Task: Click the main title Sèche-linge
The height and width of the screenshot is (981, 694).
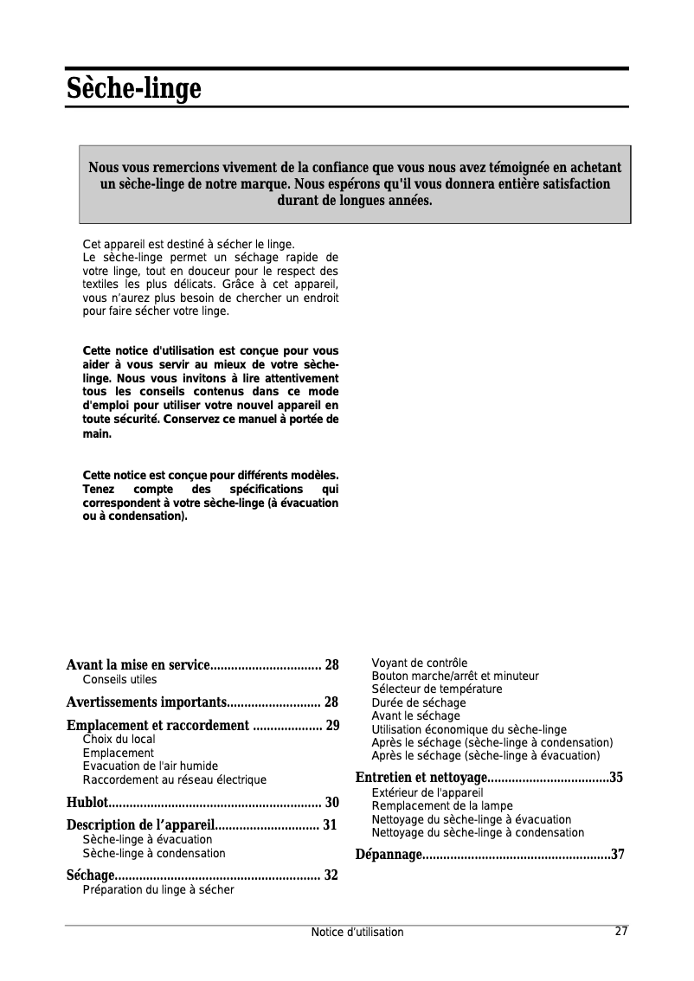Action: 133,88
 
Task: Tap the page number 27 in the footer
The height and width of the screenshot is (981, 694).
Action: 620,931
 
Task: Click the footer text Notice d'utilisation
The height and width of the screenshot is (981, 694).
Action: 357,932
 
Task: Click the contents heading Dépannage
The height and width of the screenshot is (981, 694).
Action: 389,856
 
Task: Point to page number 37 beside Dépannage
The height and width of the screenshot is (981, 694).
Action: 617,856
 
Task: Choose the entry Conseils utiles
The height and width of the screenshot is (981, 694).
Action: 119,680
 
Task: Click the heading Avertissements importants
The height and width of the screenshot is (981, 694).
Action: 146,702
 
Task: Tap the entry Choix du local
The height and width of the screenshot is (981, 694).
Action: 119,740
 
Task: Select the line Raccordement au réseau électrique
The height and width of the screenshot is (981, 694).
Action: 174,779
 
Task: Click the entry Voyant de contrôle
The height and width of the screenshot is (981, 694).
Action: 419,663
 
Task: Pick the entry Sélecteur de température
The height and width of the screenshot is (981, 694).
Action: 436,689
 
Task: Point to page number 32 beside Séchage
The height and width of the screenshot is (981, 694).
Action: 331,875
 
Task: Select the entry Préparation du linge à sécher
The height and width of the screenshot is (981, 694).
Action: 157,889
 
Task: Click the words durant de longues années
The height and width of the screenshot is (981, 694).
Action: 354,202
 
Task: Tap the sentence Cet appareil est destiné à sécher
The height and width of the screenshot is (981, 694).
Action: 188,245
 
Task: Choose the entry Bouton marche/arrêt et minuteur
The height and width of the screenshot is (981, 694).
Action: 454,676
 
